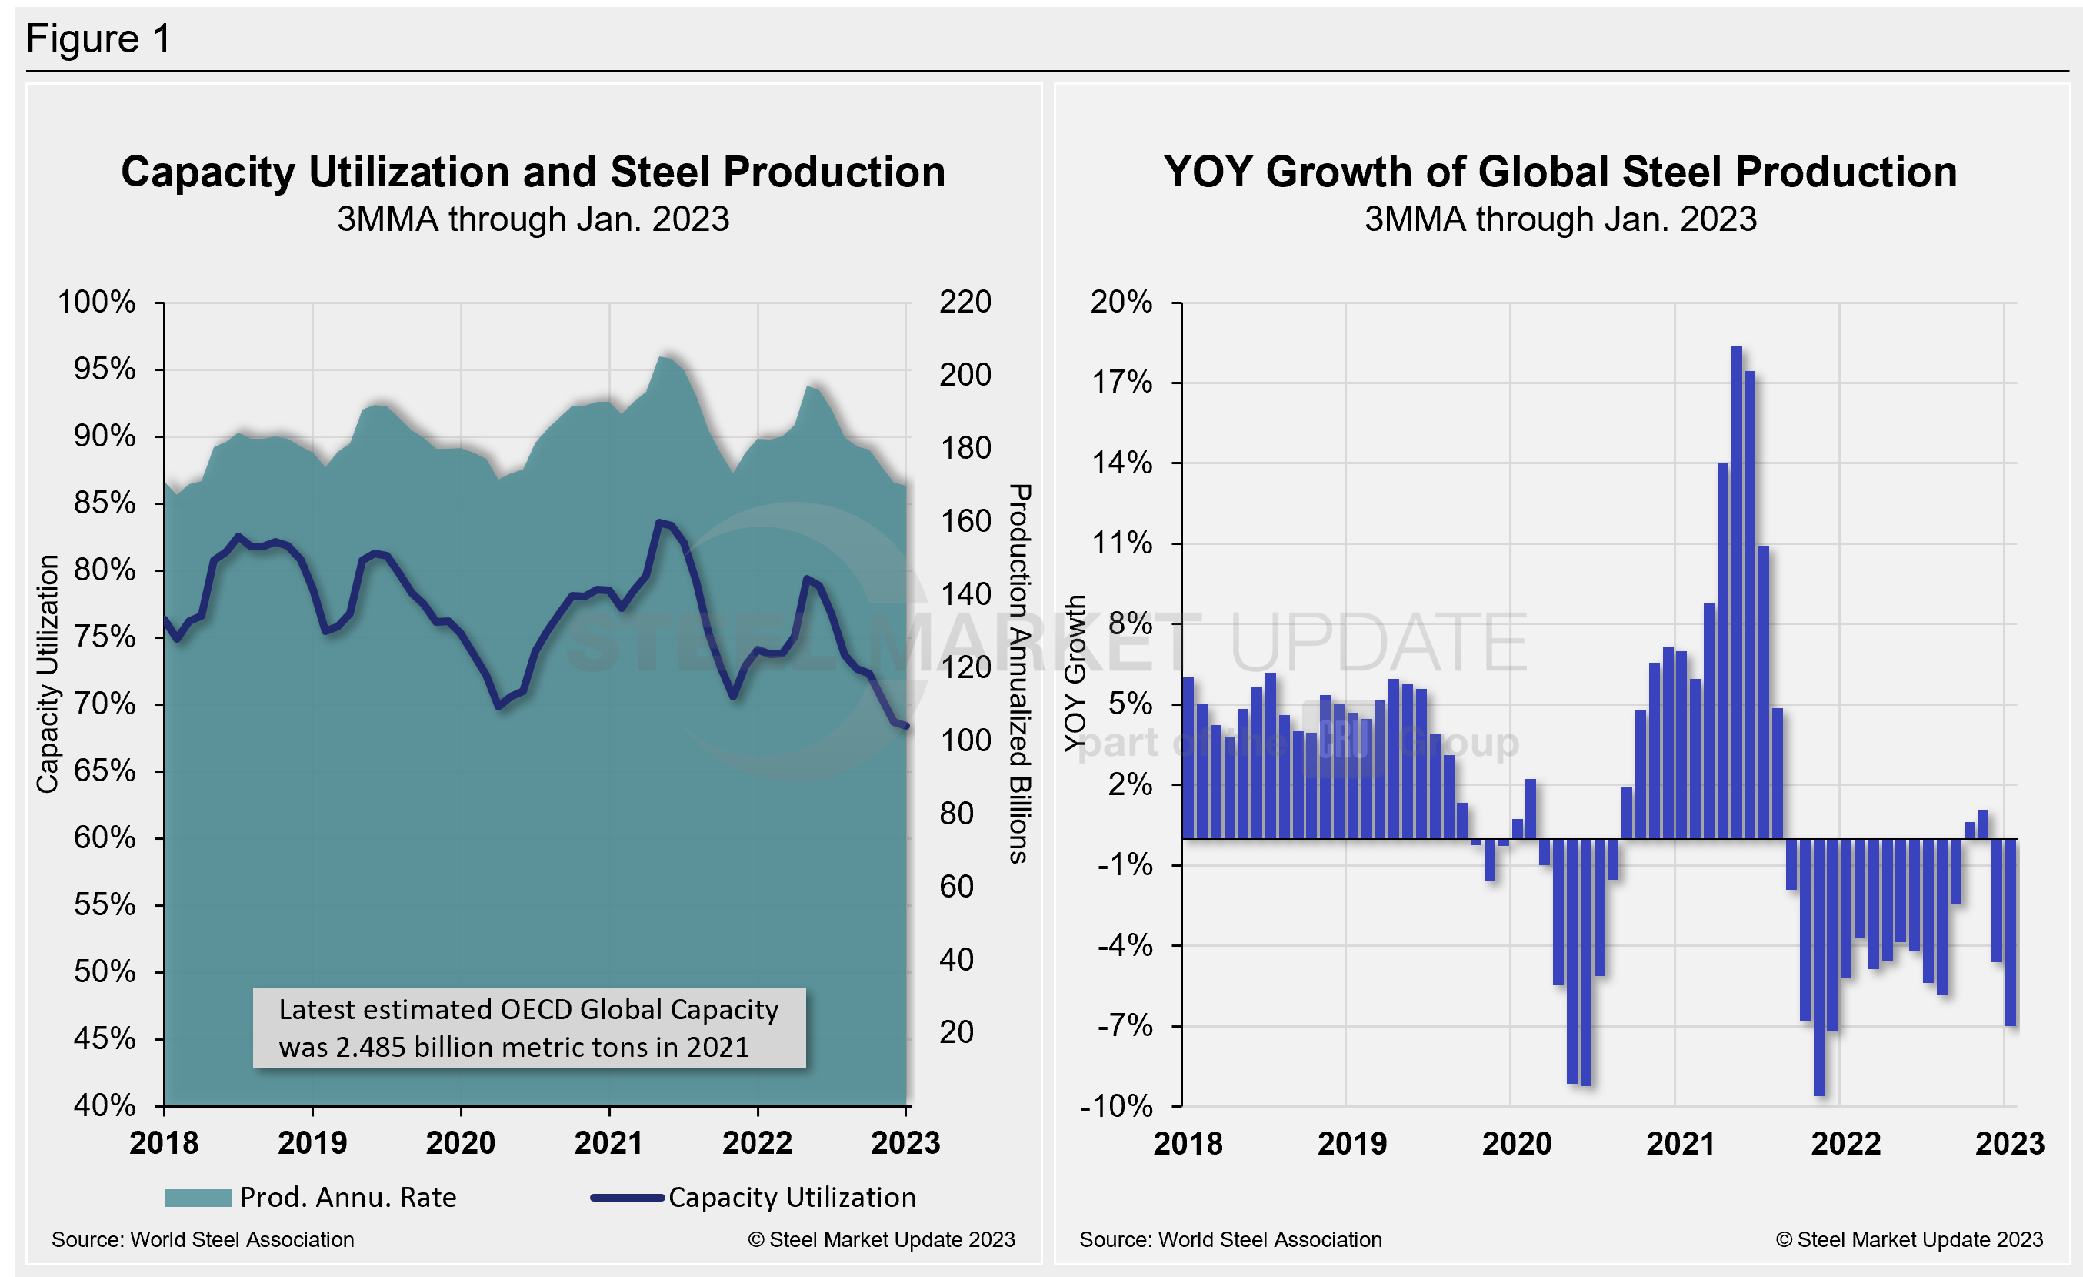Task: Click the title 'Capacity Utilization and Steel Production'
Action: pos(532,172)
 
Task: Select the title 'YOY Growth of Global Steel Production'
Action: pos(1560,172)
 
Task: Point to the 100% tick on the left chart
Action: pos(96,302)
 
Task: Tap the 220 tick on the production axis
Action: pos(965,302)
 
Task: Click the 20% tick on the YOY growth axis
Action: pos(1121,302)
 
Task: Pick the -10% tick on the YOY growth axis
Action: pos(1116,1105)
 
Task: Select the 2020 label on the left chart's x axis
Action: pos(460,1142)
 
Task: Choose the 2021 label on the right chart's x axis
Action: pos(1681,1143)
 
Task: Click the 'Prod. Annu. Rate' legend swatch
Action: pos(198,1198)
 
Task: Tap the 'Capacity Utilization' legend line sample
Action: pos(626,1198)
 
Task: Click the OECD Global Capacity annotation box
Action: pos(529,1028)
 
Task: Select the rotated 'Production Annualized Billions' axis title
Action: pos(1019,674)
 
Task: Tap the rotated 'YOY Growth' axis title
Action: pos(1075,674)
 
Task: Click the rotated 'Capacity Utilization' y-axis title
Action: pos(48,674)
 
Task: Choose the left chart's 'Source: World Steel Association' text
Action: pos(203,1240)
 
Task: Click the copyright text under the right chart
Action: pos(1909,1240)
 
